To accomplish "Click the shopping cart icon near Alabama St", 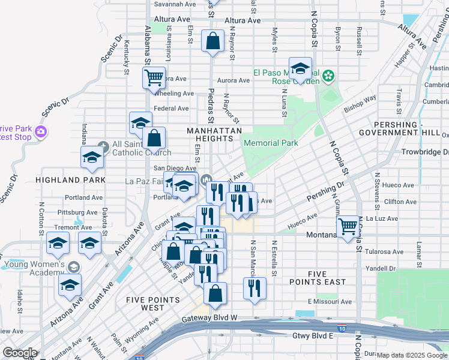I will [x=154, y=77].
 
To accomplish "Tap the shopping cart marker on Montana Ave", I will [x=348, y=227].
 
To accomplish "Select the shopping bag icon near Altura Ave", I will [x=213, y=41].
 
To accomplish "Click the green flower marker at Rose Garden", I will [x=328, y=76].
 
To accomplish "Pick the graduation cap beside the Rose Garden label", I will [x=300, y=68].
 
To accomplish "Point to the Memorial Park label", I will [x=270, y=143].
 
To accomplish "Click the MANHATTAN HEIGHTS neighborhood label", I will [x=214, y=134].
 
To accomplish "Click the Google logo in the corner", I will [x=20, y=352].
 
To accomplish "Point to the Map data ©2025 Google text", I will [x=412, y=355].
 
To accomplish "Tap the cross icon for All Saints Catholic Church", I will [x=103, y=145].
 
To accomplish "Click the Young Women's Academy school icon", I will [x=74, y=266].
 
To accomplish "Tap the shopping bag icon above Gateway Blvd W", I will [x=215, y=293].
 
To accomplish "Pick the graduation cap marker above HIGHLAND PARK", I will [x=92, y=158].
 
